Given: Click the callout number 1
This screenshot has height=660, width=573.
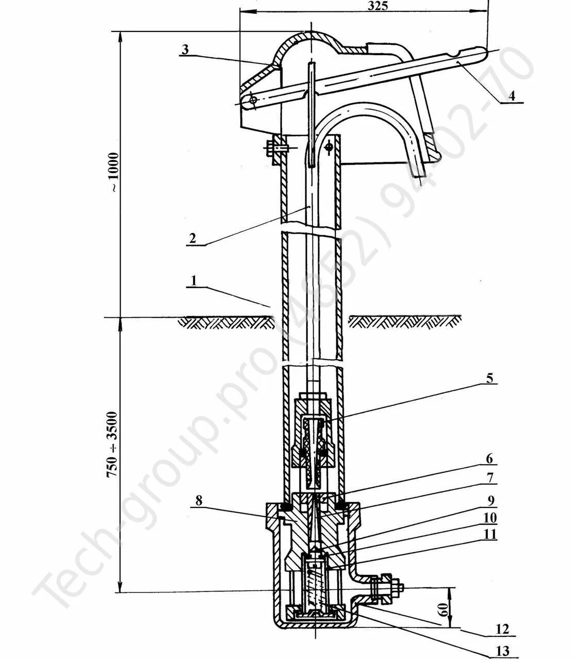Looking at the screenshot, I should (194, 282).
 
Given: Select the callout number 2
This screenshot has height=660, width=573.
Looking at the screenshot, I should (192, 238).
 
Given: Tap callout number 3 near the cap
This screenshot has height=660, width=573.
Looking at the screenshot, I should (186, 49).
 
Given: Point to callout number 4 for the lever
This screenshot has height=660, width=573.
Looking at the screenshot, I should (512, 95).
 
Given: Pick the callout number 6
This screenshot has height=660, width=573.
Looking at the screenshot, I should (489, 458).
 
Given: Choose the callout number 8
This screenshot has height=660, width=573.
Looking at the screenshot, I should (199, 500).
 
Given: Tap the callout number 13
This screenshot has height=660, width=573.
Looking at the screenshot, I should (502, 651).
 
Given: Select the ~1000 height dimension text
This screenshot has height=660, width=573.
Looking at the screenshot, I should (113, 173).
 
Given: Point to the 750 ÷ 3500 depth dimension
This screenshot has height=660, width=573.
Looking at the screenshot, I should (113, 443).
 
